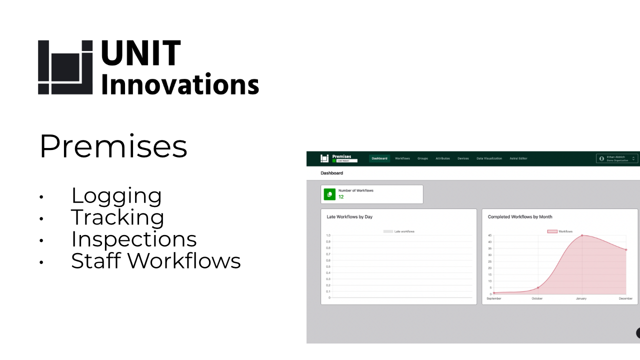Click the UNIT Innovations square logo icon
point(65,67)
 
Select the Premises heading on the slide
point(113,146)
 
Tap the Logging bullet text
point(116,195)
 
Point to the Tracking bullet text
point(117,217)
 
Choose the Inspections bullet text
point(133,239)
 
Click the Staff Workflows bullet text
point(155,261)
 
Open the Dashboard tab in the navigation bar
point(379,158)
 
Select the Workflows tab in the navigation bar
point(402,158)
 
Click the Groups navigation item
point(422,158)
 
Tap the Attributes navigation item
point(442,158)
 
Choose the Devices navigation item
point(463,158)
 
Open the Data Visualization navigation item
point(489,158)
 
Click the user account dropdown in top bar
point(617,158)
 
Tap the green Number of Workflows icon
point(329,194)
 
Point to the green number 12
point(341,197)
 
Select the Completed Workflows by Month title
point(520,217)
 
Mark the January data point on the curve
point(582,235)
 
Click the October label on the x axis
point(537,298)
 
